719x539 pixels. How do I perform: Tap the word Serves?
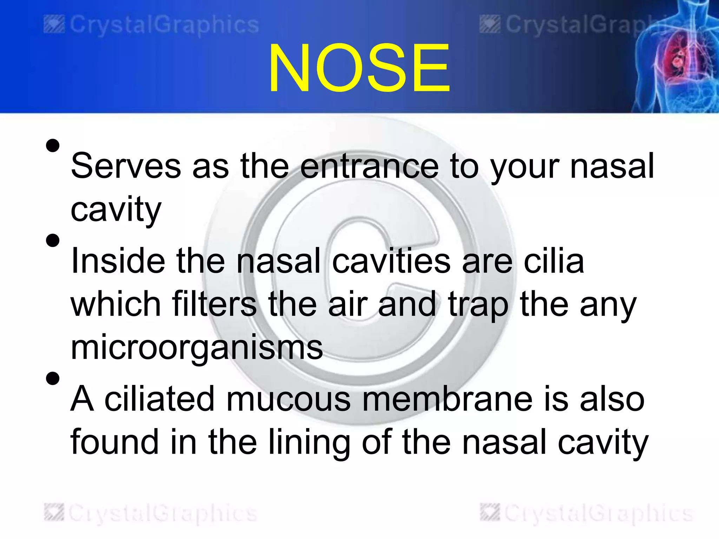coord(126,166)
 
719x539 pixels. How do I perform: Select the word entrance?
coord(369,166)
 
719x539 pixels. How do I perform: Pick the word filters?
coord(214,304)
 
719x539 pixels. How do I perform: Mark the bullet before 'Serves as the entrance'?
coord(53,145)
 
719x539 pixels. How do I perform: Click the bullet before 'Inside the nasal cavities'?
coord(53,241)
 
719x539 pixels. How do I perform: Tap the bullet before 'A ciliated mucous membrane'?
coord(53,379)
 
